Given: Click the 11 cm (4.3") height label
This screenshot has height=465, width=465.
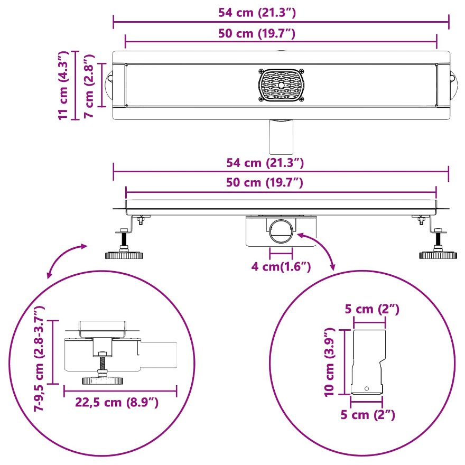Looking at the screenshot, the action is [x=63, y=86].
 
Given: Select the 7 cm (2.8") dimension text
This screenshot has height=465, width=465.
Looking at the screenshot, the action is [x=88, y=86].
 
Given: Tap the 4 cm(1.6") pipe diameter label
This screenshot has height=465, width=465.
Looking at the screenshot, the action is [x=281, y=266].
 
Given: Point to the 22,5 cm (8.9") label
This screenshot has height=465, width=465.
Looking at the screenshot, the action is [x=117, y=403].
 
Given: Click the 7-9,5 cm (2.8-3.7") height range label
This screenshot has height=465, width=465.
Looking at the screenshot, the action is [x=39, y=359].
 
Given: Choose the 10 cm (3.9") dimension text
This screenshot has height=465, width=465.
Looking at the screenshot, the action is [x=329, y=362].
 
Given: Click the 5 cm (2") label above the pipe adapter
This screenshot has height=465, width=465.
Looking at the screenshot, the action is [x=372, y=309].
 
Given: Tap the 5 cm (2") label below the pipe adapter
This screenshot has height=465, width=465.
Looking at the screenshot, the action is [x=368, y=414].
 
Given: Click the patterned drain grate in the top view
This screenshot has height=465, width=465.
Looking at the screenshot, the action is [x=281, y=86].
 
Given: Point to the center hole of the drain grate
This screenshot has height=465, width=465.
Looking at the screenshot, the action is [x=281, y=86].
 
